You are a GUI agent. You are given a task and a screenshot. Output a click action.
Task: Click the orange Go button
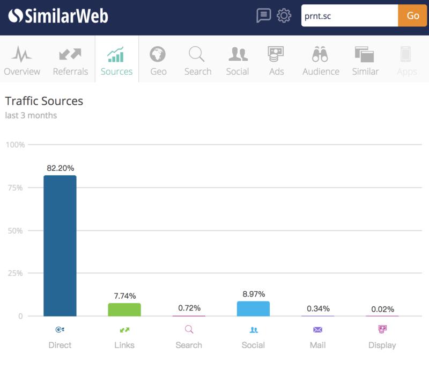(x=413, y=16)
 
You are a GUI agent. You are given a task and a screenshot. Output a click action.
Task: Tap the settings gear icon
(x=284, y=16)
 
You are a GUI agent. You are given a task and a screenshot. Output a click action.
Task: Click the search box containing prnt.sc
(x=349, y=16)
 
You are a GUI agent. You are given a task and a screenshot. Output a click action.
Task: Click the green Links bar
(x=124, y=310)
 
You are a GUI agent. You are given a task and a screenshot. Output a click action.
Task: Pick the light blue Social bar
(x=253, y=308)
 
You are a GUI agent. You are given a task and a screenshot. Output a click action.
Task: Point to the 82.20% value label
(x=60, y=168)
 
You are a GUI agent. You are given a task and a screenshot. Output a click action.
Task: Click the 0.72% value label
(x=189, y=308)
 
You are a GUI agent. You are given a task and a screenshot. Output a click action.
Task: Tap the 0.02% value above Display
(x=382, y=309)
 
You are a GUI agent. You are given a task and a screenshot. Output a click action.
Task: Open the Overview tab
(x=22, y=61)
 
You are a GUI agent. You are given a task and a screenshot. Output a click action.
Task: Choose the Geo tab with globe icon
(x=158, y=61)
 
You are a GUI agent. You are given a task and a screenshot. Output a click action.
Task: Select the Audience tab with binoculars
(x=321, y=61)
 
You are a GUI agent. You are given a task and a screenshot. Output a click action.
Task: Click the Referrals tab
(x=71, y=61)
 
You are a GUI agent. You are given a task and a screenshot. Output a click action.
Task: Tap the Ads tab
(x=276, y=61)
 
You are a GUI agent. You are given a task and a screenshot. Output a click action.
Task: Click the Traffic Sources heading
(x=44, y=101)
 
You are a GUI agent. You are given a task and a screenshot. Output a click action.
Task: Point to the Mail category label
(x=317, y=345)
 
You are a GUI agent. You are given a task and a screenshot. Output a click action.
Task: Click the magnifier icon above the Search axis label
(x=189, y=329)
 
